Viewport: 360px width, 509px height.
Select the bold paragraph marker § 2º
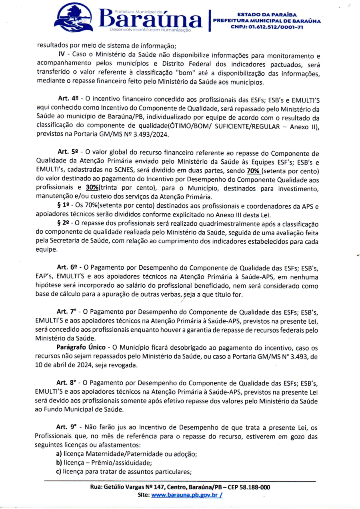[64, 223]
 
